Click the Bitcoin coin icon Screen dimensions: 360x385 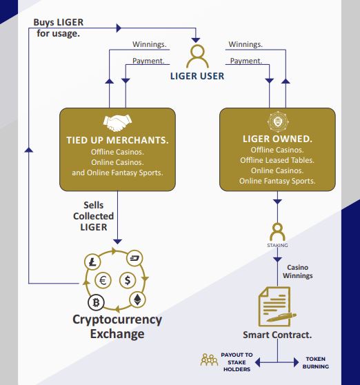point(96,302)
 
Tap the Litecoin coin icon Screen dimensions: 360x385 point(92,262)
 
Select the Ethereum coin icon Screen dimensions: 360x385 point(137,299)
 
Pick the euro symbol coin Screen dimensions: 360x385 point(103,280)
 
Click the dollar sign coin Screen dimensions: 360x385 point(128,280)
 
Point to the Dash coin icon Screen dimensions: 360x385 point(134,258)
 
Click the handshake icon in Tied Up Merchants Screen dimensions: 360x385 point(117,123)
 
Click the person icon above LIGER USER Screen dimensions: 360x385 point(197,57)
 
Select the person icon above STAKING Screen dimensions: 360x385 point(277,232)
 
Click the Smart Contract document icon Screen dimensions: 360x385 point(276,306)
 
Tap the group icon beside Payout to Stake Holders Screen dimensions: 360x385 point(209,360)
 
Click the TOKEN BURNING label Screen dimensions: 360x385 point(316,363)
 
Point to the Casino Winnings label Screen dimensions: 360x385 point(298,271)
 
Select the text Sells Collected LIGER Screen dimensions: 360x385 point(94,216)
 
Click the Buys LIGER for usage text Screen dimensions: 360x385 point(59,28)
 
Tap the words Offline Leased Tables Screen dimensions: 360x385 point(277,160)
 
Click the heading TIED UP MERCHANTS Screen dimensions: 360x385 point(117,140)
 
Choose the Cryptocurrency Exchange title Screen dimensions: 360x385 point(117,326)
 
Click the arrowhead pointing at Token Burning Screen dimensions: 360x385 point(296,362)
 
